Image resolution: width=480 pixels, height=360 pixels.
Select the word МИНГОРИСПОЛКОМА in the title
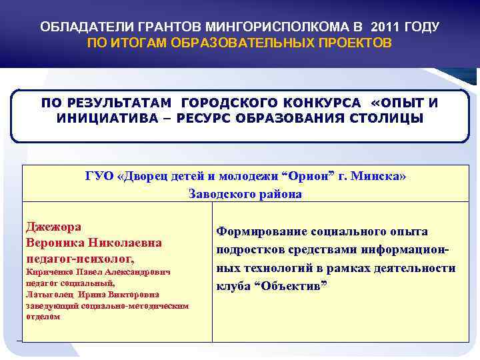point(282,27)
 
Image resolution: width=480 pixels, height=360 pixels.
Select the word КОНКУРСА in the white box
point(320,103)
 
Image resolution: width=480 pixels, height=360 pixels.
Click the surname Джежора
point(53,226)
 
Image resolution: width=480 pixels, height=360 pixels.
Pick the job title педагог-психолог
point(79,258)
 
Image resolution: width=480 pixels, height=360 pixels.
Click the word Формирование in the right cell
point(261,231)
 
